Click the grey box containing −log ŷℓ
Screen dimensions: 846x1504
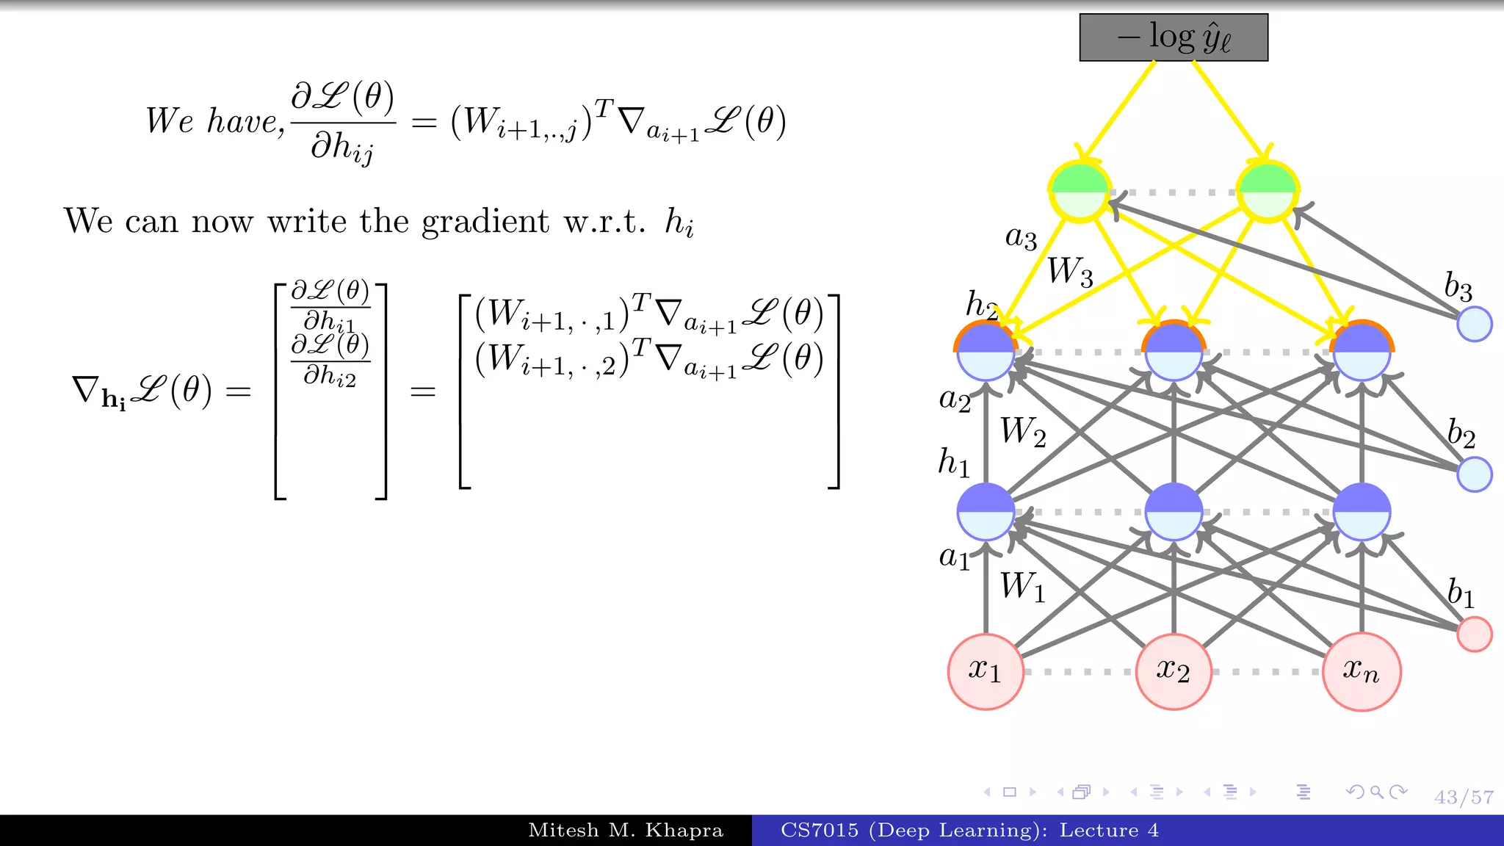click(x=1174, y=37)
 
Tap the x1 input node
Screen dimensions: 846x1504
click(x=986, y=671)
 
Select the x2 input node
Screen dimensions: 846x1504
click(x=1174, y=671)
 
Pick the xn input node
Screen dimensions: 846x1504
click(x=1362, y=671)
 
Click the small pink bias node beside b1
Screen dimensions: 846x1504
click(x=1474, y=634)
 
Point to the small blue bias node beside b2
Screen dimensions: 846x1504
click(x=1474, y=474)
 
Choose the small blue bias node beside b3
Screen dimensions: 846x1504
click(x=1474, y=324)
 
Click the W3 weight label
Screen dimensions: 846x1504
click(x=1070, y=272)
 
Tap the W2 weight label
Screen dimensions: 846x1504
click(x=1023, y=432)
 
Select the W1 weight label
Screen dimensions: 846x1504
click(x=1022, y=587)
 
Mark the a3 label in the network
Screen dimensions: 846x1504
click(x=1021, y=237)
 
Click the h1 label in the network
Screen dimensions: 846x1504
click(x=954, y=463)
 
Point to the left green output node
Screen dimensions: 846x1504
click(x=1080, y=192)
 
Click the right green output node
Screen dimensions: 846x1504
click(x=1268, y=192)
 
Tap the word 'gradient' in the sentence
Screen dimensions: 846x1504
click(x=485, y=222)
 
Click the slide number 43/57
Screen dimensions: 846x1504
click(x=1464, y=797)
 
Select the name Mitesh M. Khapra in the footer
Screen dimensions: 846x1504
click(x=626, y=831)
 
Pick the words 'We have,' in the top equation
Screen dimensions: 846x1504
click(x=214, y=121)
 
